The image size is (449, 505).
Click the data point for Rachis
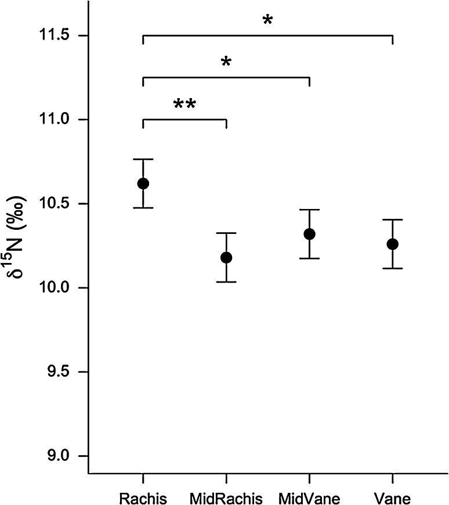pyautogui.click(x=143, y=183)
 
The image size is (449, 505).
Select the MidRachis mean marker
pyautogui.click(x=226, y=257)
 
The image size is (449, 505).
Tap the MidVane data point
pyautogui.click(x=309, y=234)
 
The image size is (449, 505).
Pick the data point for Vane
pyautogui.click(x=393, y=244)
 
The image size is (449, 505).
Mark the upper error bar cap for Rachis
pyautogui.click(x=143, y=159)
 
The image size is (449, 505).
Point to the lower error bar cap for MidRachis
pyautogui.click(x=226, y=282)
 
